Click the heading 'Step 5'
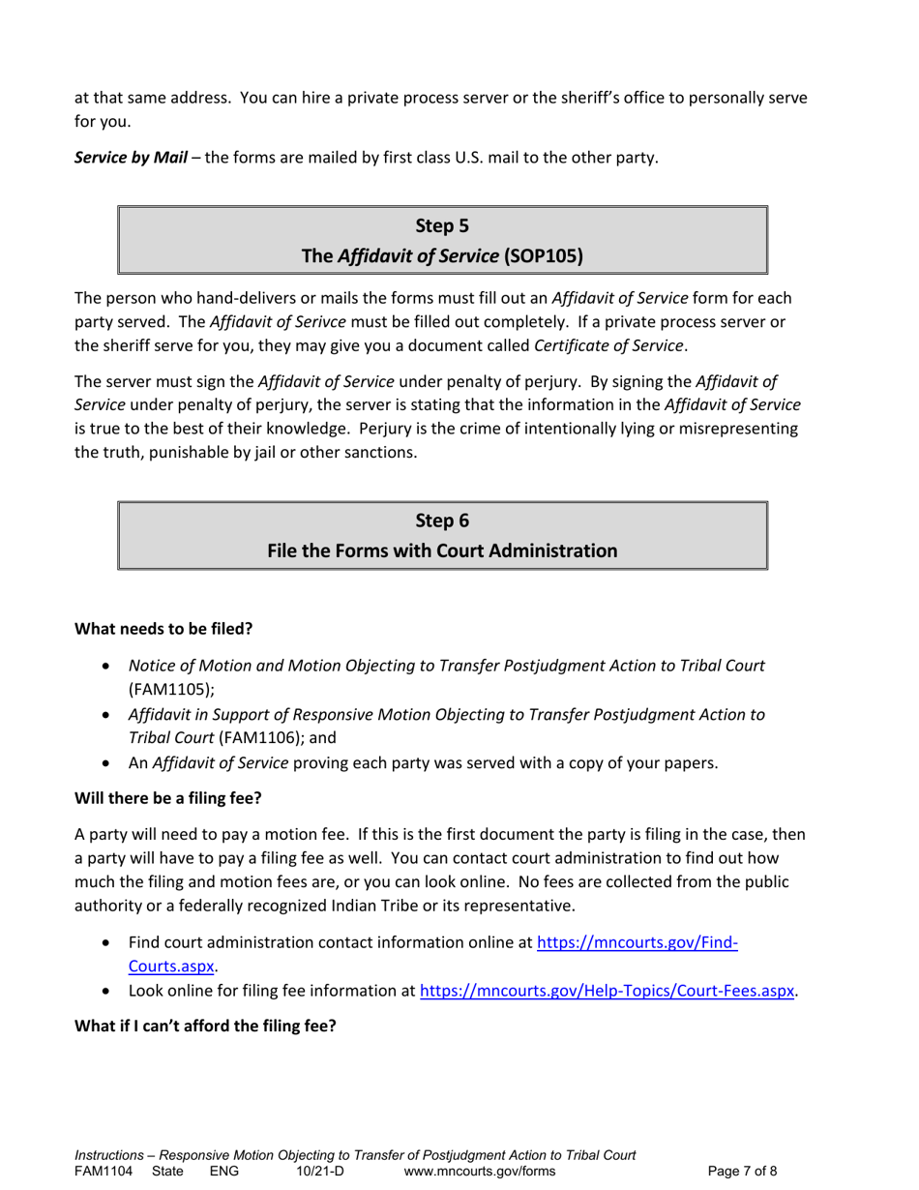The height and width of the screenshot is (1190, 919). tap(442, 226)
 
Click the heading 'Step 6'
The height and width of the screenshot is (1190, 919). tap(442, 521)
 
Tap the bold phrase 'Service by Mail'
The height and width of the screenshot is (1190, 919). tap(131, 158)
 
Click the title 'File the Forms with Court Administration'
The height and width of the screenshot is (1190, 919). tap(442, 550)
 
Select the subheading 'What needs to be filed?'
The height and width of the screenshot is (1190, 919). tap(163, 629)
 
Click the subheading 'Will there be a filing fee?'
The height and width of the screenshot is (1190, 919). tap(169, 799)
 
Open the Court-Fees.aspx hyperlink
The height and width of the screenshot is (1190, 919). tap(607, 991)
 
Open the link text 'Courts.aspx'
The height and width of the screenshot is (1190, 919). tap(170, 966)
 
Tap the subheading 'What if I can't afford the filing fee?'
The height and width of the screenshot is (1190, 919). tap(205, 1026)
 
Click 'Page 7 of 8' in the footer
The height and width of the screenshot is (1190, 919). tap(742, 1172)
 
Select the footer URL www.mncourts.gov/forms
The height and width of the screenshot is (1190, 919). tap(480, 1172)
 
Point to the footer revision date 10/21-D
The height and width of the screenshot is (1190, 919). tap(320, 1172)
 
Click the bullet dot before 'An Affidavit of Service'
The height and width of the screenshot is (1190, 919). tap(106, 763)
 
